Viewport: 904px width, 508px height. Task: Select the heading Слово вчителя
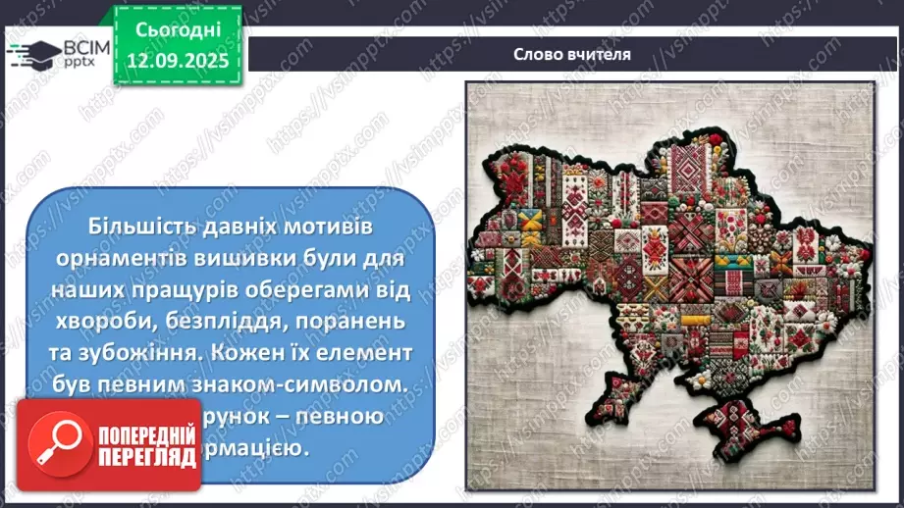coord(571,54)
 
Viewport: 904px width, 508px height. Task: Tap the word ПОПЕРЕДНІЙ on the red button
coord(135,433)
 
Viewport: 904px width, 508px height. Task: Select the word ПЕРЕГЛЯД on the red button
coord(135,456)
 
